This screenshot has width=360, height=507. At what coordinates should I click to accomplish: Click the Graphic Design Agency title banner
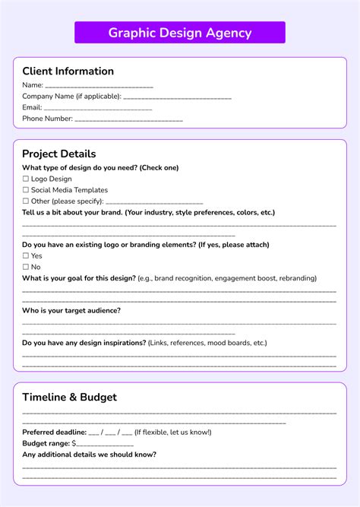pyautogui.click(x=180, y=33)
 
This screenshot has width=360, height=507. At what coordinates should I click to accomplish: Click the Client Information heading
pyautogui.click(x=68, y=71)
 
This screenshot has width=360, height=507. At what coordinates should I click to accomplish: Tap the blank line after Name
pyautogui.click(x=99, y=87)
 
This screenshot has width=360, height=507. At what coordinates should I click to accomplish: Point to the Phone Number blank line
pyautogui.click(x=128, y=120)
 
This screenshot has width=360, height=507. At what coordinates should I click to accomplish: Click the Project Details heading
pyautogui.click(x=58, y=154)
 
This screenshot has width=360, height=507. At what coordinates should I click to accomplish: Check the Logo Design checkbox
pyautogui.click(x=25, y=179)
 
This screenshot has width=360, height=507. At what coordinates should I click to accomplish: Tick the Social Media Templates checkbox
pyautogui.click(x=25, y=190)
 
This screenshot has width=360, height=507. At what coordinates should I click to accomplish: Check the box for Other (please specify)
pyautogui.click(x=25, y=201)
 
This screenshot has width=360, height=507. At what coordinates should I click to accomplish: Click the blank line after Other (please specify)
pyautogui.click(x=154, y=203)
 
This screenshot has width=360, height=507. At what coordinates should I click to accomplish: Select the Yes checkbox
pyautogui.click(x=25, y=256)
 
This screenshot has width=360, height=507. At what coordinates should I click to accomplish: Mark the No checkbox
pyautogui.click(x=25, y=268)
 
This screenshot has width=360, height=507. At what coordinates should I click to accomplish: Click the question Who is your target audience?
pyautogui.click(x=71, y=310)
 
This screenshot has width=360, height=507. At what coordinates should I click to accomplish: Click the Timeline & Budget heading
pyautogui.click(x=69, y=398)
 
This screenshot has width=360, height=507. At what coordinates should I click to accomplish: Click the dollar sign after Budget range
pyautogui.click(x=74, y=443)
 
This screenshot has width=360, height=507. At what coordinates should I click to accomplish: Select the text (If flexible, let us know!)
pyautogui.click(x=172, y=433)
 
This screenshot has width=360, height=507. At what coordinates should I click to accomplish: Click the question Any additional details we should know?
pyautogui.click(x=90, y=455)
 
